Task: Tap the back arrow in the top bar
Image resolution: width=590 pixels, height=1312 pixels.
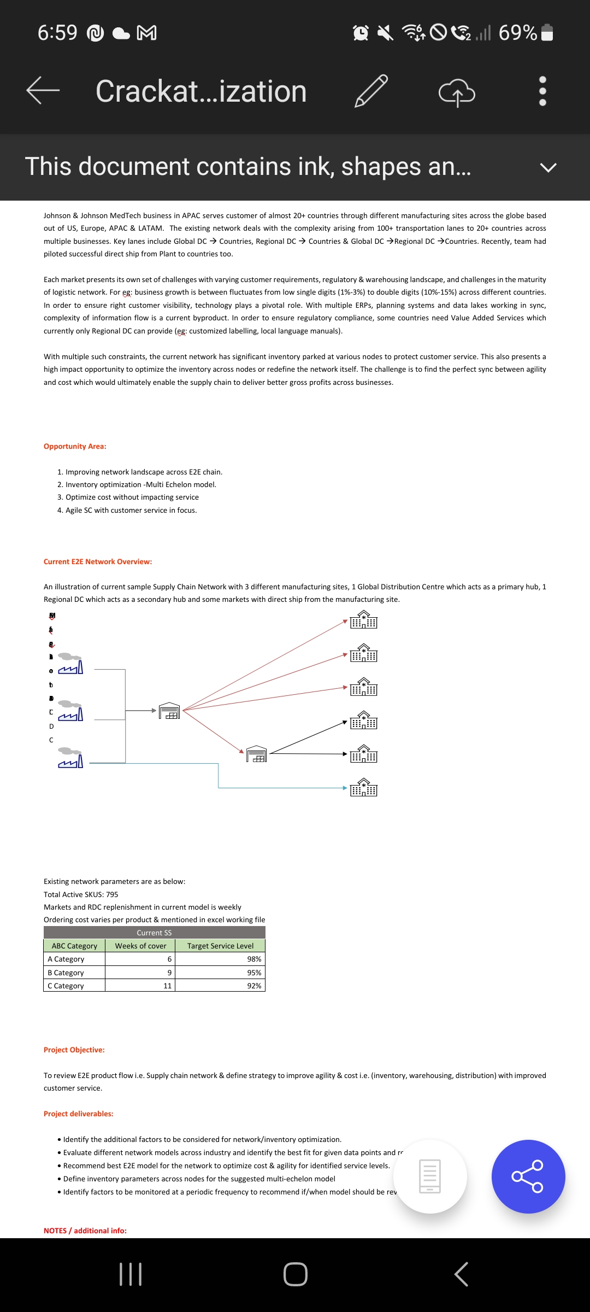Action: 43,90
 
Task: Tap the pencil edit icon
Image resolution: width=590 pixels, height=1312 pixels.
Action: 371,91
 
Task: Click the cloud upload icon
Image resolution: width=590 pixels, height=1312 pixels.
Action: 457,92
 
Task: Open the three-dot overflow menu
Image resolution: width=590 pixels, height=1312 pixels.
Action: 542,91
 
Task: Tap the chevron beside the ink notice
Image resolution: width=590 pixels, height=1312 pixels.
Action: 548,167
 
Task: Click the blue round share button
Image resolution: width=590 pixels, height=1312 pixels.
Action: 528,1176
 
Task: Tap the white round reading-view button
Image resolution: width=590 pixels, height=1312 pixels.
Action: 430,1176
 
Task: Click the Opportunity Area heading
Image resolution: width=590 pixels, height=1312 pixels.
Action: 75,446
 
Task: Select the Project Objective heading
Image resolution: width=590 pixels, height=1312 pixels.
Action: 74,1050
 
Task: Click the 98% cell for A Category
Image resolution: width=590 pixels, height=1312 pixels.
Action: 253,959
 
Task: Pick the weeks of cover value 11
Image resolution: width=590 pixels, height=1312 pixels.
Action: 167,986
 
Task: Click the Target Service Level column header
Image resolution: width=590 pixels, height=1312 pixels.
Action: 220,946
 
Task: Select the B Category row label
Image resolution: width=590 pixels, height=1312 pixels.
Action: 66,973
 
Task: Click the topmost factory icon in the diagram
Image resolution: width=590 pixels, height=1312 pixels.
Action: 71,664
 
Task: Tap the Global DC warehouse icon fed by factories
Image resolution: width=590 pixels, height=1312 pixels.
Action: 169,711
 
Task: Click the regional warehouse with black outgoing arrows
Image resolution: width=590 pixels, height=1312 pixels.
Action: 256,754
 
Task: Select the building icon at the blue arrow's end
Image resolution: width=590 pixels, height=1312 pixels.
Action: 363,788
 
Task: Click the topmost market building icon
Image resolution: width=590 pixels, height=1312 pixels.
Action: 363,620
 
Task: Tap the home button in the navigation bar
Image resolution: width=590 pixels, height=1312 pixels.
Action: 296,1274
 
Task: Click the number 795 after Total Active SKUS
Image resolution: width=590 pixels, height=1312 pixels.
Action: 112,894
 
